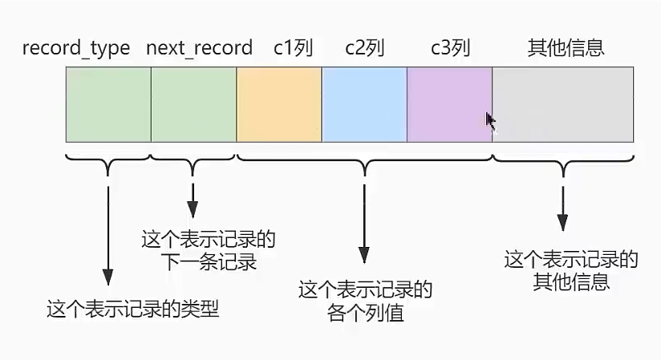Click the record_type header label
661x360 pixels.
pyautogui.click(x=76, y=48)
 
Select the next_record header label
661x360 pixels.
pyautogui.click(x=199, y=48)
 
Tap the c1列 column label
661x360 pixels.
pyautogui.click(x=293, y=48)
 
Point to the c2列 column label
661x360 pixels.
pyautogui.click(x=365, y=48)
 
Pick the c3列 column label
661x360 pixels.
pyautogui.click(x=449, y=48)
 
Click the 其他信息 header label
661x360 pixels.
pyautogui.click(x=566, y=48)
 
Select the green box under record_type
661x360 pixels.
pyautogui.click(x=108, y=104)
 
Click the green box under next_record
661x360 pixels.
pyautogui.click(x=193, y=104)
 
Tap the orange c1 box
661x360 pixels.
pyautogui.click(x=279, y=104)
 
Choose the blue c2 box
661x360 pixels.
pyautogui.click(x=364, y=104)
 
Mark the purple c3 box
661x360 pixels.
pyautogui.click(x=449, y=104)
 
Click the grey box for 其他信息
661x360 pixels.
pyautogui.click(x=563, y=104)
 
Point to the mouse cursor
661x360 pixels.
pyautogui.click(x=490, y=120)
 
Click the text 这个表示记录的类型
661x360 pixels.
pyautogui.click(x=132, y=309)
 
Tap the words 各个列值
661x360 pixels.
pyautogui.click(x=366, y=312)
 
